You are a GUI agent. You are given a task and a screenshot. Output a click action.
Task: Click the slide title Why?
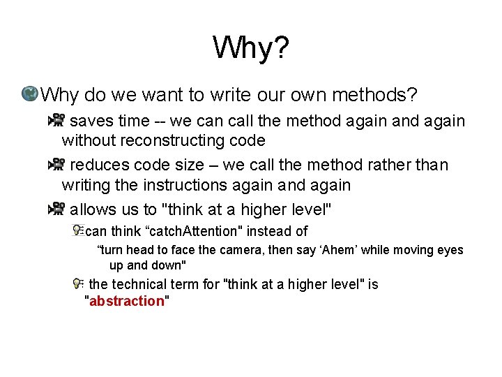(251, 49)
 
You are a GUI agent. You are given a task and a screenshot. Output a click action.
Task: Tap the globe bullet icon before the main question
(30, 94)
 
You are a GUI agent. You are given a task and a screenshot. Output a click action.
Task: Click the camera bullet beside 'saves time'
(56, 121)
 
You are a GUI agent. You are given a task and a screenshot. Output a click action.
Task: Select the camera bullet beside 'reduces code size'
(56, 165)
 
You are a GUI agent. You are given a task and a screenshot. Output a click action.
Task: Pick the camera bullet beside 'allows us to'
(56, 209)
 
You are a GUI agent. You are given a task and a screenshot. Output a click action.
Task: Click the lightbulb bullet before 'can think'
(78, 230)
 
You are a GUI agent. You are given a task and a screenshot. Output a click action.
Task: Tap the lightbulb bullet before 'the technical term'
(79, 283)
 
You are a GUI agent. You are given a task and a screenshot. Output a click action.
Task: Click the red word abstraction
(126, 301)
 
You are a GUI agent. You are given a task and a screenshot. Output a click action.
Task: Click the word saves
(92, 121)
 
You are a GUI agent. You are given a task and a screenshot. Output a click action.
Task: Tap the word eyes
(450, 250)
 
